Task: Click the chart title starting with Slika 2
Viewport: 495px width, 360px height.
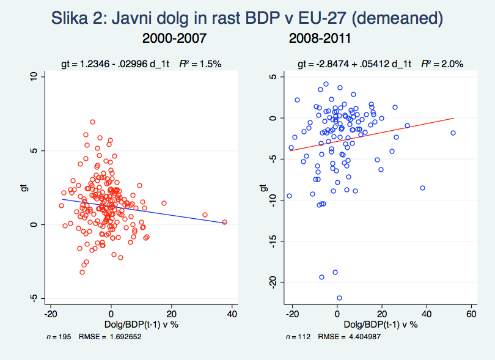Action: coord(247,18)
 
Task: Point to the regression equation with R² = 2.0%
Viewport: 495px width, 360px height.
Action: coord(380,63)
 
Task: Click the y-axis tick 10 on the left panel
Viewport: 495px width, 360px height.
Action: coord(34,76)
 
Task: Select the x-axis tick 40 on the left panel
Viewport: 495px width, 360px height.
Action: coord(232,314)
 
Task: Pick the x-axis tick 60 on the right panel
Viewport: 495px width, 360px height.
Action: coord(471,314)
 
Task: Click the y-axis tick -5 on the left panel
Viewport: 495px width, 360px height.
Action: coord(34,298)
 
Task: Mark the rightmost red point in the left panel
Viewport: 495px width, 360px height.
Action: coord(224,222)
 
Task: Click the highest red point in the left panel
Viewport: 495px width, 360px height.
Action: coord(92,122)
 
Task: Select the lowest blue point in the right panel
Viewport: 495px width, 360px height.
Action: coord(339,298)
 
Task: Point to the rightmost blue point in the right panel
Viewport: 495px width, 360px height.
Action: coord(453,133)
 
